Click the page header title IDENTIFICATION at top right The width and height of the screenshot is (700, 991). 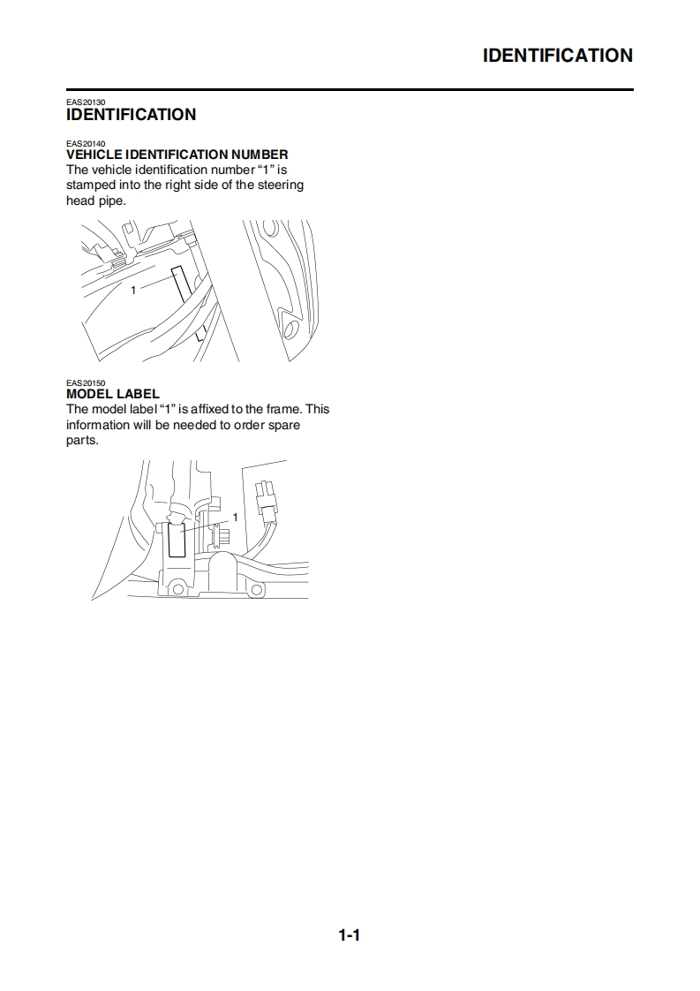[x=557, y=56]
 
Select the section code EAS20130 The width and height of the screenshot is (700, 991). [x=86, y=102]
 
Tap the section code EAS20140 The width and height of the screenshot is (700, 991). [x=86, y=143]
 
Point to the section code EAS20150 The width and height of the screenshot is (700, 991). [x=86, y=383]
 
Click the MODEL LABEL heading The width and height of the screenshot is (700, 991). [x=113, y=394]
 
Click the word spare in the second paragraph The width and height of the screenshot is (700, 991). [x=283, y=426]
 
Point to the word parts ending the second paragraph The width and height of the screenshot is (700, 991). [x=82, y=441]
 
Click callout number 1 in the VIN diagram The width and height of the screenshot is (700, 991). [x=133, y=290]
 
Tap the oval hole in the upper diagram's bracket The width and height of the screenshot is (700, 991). [x=292, y=329]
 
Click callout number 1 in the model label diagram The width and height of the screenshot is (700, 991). [x=235, y=518]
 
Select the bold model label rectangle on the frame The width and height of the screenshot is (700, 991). [x=177, y=538]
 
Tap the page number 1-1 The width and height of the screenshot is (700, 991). [x=350, y=935]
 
